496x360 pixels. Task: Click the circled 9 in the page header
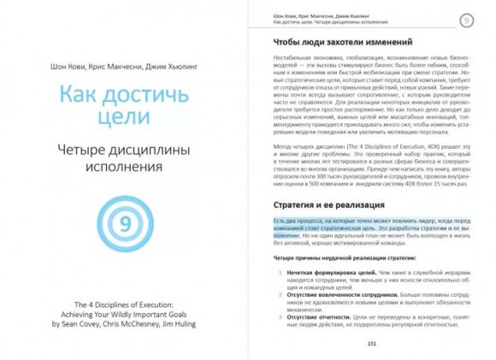coord(467,20)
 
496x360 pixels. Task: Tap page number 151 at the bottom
coord(371,343)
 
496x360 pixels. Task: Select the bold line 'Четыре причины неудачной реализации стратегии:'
coord(336,257)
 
